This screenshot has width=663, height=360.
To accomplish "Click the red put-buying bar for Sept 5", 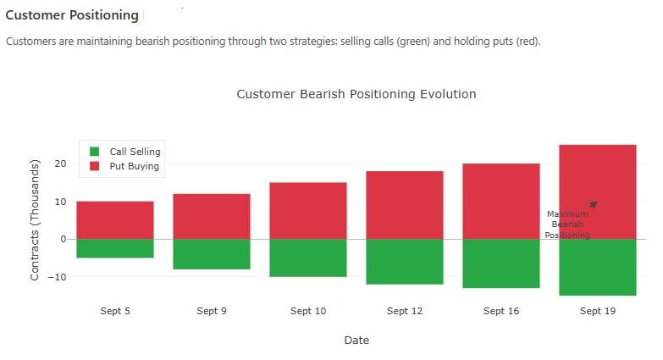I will pos(115,219).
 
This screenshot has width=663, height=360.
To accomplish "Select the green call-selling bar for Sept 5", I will pos(115,248).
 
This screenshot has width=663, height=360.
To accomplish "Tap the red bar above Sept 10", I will pos(308,210).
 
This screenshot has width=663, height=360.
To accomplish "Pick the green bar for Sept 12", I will pos(405,262).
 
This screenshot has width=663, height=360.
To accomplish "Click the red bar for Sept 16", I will pos(501,201).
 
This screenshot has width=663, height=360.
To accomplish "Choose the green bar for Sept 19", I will pos(598,267).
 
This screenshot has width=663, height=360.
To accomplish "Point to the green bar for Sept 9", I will pos(212,254).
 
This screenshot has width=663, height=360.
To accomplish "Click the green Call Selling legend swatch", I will pos(95,152).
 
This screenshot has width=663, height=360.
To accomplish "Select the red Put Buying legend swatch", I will pos(95,166).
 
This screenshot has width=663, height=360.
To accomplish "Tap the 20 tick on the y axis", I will pos(61,163).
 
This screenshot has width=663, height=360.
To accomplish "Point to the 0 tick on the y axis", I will pos(63,239).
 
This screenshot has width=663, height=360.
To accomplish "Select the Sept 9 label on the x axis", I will pos(212,311).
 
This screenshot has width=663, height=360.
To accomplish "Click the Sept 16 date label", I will pos(501,311).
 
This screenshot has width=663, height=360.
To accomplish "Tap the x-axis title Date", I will pos(356,340).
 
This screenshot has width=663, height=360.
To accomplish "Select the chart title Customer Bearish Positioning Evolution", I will pos(356,94).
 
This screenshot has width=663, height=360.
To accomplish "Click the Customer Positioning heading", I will pos(71,15).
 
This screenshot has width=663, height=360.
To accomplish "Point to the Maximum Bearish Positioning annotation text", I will pos(567,224).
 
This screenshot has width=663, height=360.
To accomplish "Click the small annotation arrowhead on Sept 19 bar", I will pos(594,204).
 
